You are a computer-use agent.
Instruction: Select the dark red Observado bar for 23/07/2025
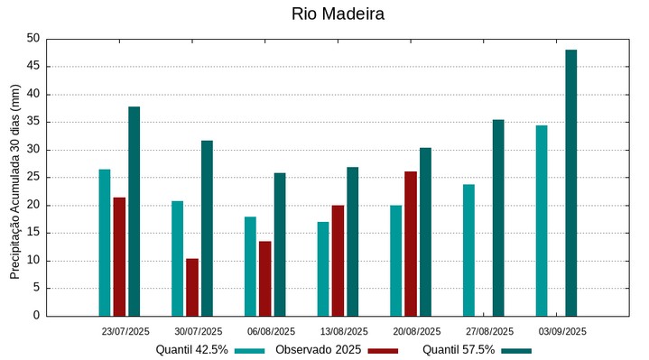[x=119, y=256]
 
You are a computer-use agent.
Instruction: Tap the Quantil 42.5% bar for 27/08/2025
[x=468, y=250]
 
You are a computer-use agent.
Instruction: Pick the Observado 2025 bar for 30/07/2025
[x=192, y=287]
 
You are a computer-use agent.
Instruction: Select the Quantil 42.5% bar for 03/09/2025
[x=542, y=220]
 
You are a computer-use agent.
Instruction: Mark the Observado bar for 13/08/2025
[x=338, y=261]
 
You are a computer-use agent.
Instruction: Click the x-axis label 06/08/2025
[x=271, y=331]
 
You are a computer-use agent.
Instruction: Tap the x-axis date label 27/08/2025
[x=489, y=331]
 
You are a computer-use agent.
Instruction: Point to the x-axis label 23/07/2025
[x=125, y=331]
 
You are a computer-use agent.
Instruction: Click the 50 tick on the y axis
[x=33, y=39]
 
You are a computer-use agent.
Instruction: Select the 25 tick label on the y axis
[x=33, y=178]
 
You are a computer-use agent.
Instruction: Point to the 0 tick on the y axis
[x=37, y=317]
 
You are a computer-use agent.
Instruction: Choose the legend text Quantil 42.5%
[x=191, y=350]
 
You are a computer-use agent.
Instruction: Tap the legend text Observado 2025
[x=319, y=350]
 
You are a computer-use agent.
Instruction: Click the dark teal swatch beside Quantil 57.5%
[x=516, y=350]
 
